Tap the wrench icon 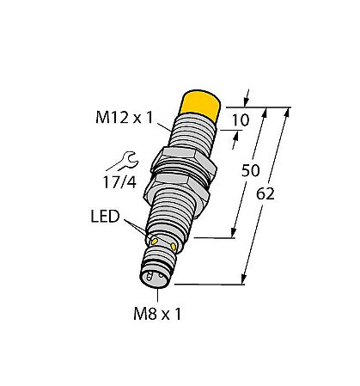(x=114, y=158)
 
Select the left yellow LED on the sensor (x=155, y=242)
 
